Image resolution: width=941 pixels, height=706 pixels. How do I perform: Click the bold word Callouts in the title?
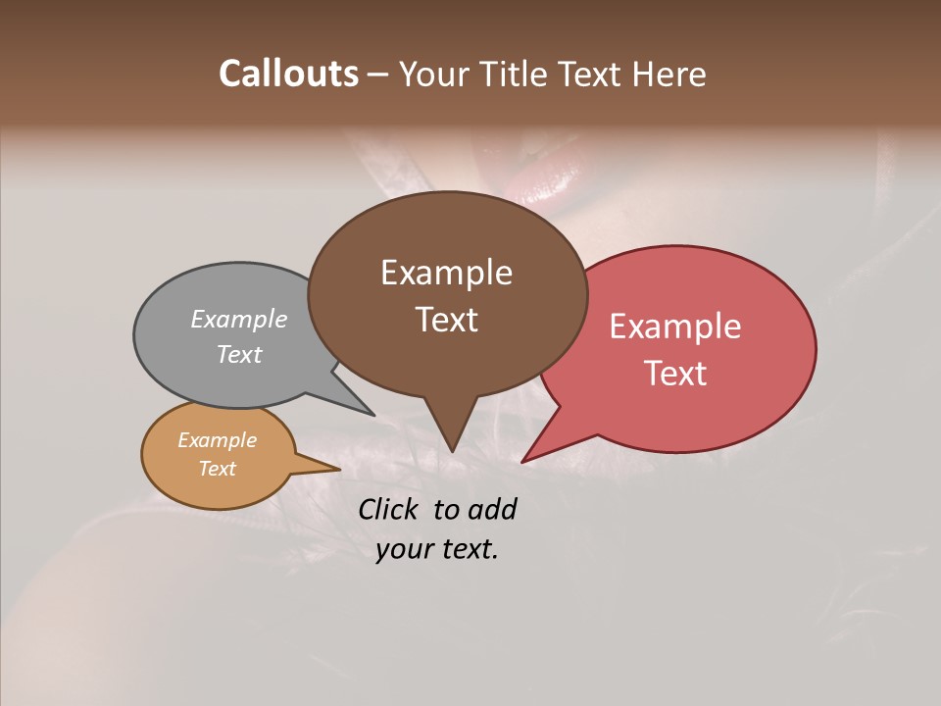click(288, 74)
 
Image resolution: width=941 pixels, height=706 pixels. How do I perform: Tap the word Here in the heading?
click(669, 74)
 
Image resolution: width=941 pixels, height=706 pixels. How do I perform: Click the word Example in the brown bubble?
click(446, 273)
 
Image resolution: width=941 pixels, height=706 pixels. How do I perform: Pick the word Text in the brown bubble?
click(447, 320)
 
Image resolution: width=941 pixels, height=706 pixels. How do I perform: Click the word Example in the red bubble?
click(675, 327)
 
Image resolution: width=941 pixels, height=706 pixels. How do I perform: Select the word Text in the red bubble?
click(676, 374)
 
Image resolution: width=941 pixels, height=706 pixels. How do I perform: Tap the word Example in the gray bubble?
click(239, 319)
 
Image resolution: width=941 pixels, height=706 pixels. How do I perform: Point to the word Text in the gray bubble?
click(239, 354)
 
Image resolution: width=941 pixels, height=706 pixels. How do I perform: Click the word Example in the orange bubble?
click(218, 440)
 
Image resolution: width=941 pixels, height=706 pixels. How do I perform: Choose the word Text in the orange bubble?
click(218, 469)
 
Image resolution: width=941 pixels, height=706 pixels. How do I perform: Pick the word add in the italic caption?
click(493, 509)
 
